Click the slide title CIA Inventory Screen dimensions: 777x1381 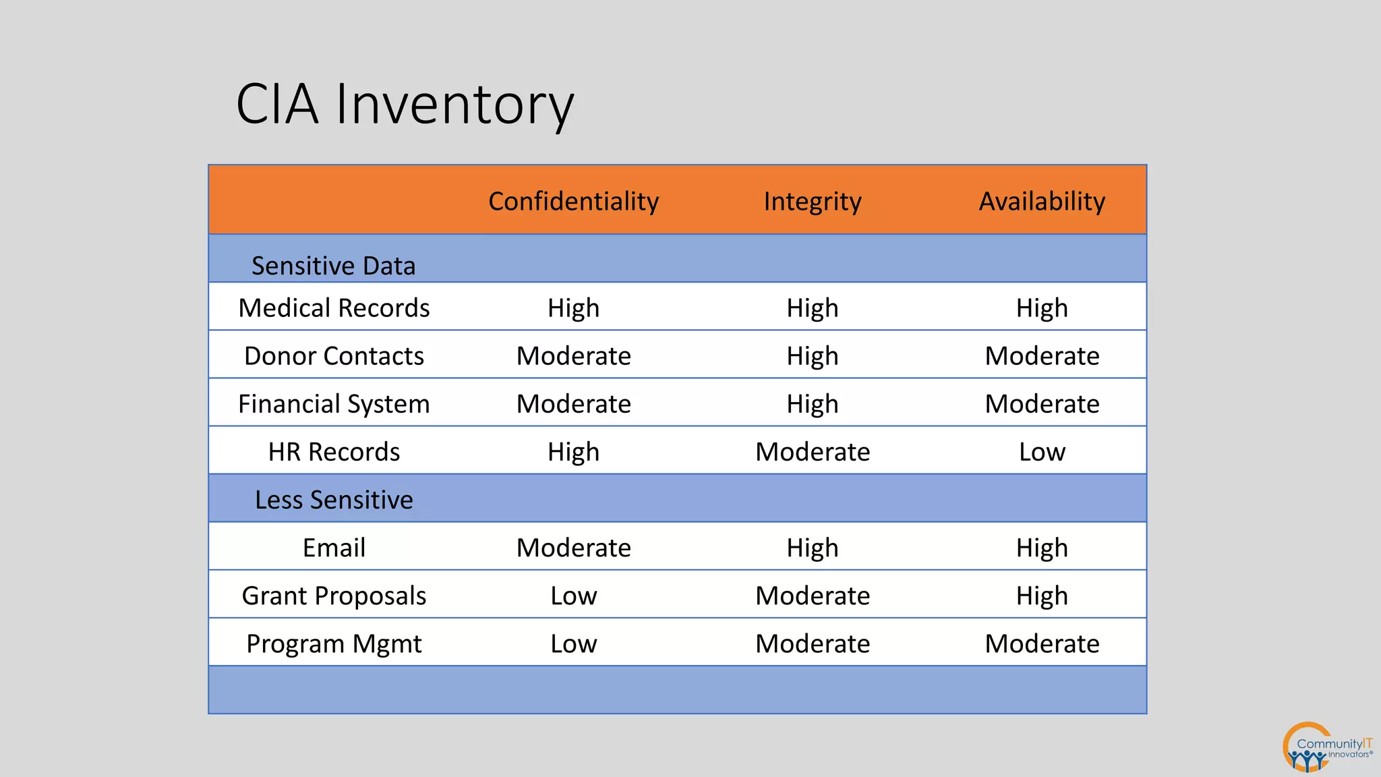pyautogui.click(x=405, y=105)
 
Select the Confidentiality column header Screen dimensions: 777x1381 pyautogui.click(x=573, y=201)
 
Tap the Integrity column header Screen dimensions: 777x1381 pyautogui.click(x=812, y=201)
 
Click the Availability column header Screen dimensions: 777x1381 pyautogui.click(x=1042, y=201)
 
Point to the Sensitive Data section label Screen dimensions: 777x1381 pyautogui.click(x=333, y=266)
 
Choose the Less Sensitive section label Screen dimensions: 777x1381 pyautogui.click(x=334, y=500)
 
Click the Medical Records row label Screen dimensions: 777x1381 pyautogui.click(x=334, y=308)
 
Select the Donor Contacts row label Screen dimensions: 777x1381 pyautogui.click(x=334, y=355)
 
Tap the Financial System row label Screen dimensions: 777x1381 pyautogui.click(x=334, y=403)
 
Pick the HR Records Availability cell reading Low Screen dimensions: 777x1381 pyautogui.click(x=1042, y=451)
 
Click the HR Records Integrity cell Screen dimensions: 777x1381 pyautogui.click(x=812, y=451)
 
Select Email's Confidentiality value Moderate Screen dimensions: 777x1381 pyautogui.click(x=573, y=547)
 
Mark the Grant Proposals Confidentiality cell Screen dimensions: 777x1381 pyautogui.click(x=573, y=596)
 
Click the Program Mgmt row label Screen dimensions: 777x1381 pyautogui.click(x=334, y=643)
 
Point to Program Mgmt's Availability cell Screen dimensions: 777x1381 pyautogui.click(x=1042, y=643)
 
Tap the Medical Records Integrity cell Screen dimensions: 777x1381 pyautogui.click(x=812, y=308)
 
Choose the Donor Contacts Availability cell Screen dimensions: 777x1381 pyautogui.click(x=1042, y=355)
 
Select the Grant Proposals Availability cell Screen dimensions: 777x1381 pyautogui.click(x=1042, y=596)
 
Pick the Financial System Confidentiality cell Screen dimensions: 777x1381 pyautogui.click(x=573, y=403)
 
